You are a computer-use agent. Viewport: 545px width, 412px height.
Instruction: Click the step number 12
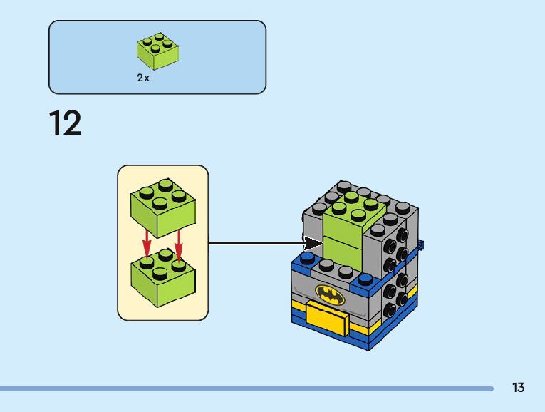tap(66, 124)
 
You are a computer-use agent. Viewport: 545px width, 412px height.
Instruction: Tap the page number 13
tap(518, 388)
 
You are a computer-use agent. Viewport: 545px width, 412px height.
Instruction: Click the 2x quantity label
tap(143, 78)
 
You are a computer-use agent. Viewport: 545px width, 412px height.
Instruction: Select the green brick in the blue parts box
tap(157, 52)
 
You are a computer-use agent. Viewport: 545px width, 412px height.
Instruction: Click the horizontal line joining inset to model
tap(256, 244)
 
